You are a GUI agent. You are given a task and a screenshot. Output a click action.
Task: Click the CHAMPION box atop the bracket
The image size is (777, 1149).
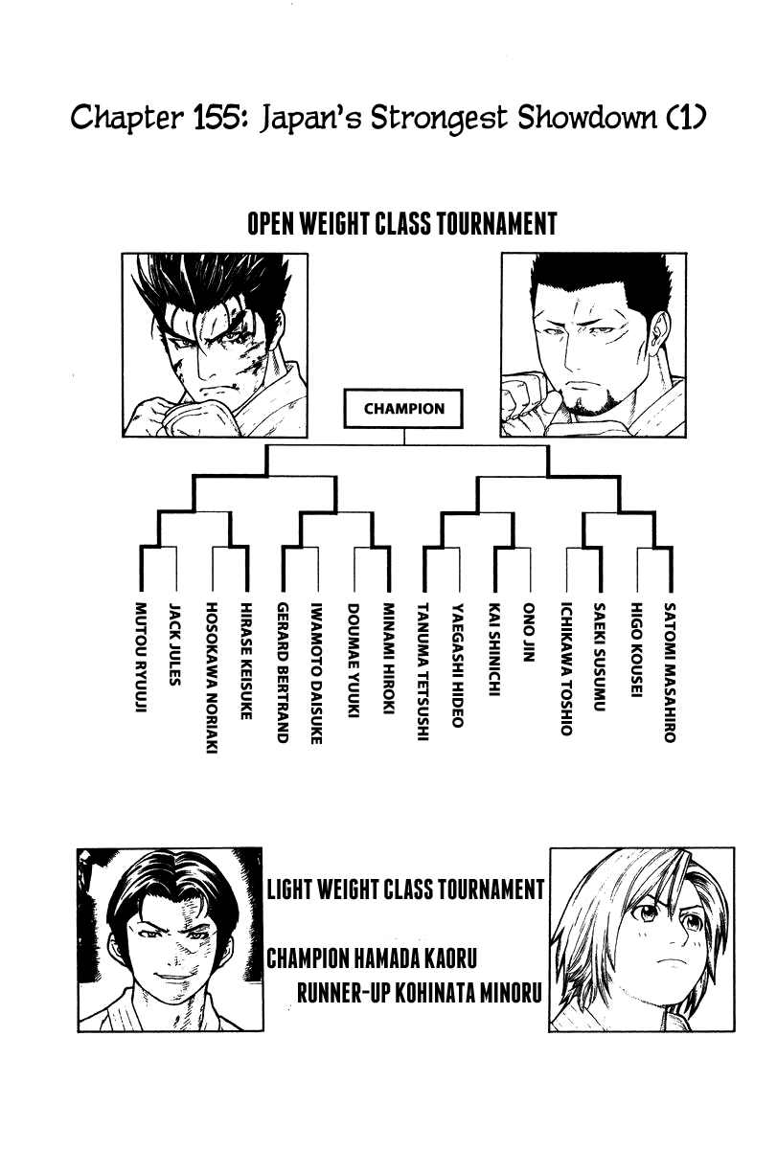point(403,408)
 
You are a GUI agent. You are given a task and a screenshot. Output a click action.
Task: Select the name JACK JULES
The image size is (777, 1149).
point(175,643)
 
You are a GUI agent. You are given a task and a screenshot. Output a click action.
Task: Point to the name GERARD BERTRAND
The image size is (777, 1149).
point(283,672)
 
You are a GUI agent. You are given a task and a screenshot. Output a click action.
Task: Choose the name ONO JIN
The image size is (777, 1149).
point(529,633)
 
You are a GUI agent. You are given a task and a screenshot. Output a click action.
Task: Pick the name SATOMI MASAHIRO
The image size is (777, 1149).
point(670,672)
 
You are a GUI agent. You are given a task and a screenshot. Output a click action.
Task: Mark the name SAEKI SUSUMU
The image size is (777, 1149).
point(600,656)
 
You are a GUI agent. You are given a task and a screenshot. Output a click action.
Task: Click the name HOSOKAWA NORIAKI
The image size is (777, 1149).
point(212,678)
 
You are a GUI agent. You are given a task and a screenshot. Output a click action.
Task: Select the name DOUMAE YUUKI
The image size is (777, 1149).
point(354,659)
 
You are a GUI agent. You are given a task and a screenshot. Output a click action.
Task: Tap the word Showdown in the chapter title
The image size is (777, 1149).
point(586,118)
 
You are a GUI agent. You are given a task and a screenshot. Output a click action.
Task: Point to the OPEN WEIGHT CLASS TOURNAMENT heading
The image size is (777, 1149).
point(401,224)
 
